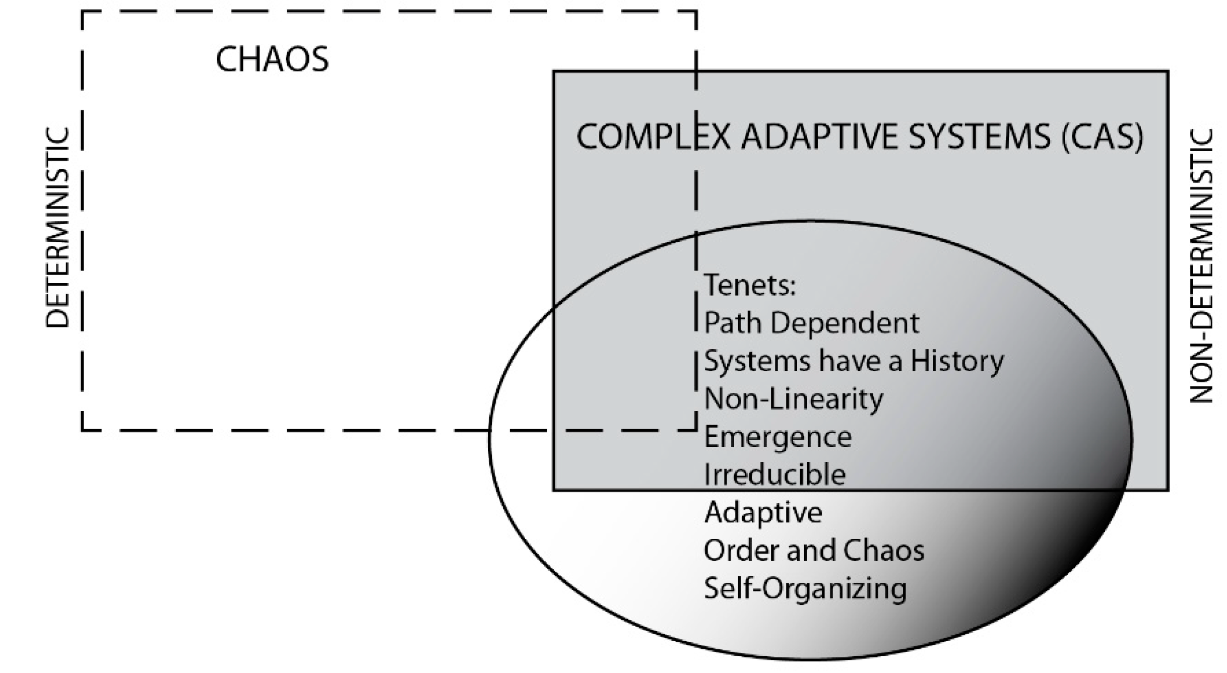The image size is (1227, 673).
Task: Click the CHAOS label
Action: (272, 59)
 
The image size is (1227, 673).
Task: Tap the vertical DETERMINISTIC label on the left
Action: (57, 228)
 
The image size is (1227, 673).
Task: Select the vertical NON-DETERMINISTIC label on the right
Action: (1202, 265)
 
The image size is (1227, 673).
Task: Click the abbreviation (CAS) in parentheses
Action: (1103, 137)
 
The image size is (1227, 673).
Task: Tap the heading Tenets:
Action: (749, 285)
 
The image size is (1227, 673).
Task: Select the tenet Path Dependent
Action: (811, 323)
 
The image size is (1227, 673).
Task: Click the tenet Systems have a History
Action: (854, 361)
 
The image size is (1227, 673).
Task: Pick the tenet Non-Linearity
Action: (793, 399)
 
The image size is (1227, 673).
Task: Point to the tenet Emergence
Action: (778, 437)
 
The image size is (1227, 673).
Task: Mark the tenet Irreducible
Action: (774, 475)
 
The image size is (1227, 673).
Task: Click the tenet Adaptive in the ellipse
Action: (763, 513)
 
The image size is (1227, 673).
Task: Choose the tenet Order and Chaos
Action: (814, 551)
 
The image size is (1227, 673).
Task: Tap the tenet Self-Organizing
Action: (805, 588)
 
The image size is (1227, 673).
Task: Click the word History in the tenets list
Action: (957, 361)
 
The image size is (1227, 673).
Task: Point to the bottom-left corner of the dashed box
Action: (83, 430)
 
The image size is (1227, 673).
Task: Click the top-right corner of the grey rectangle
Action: (1168, 72)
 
